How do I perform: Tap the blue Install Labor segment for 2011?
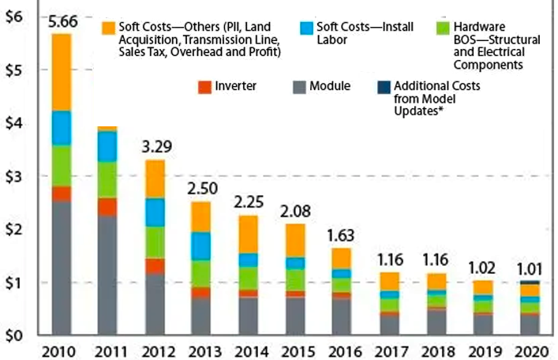tap(107, 146)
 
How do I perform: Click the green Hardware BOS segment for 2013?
tap(201, 273)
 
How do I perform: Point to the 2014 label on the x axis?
tap(247, 351)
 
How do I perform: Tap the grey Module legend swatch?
tap(298, 85)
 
